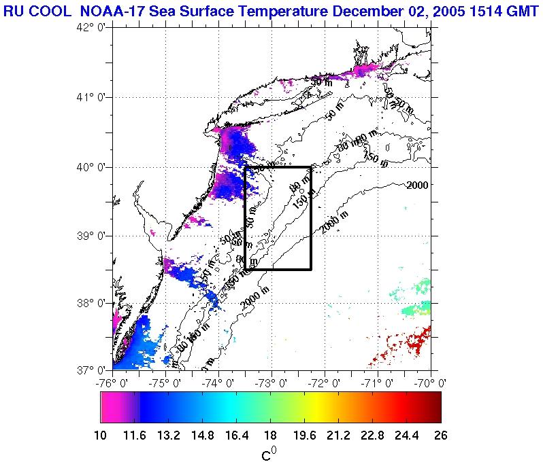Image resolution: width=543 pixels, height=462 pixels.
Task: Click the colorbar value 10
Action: pyautogui.click(x=101, y=436)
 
